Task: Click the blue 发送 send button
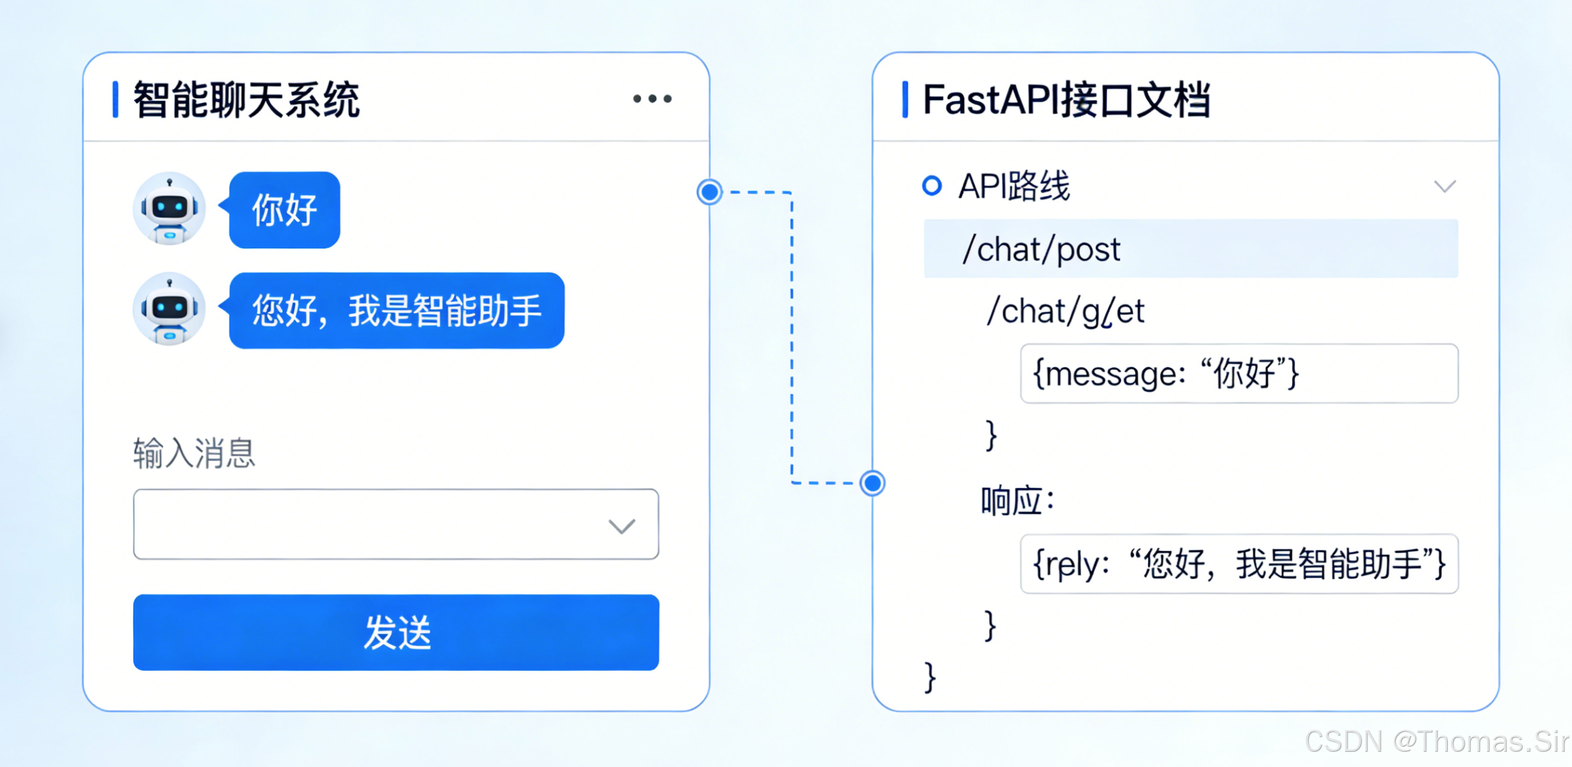tap(396, 632)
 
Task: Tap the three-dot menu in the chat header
tap(652, 99)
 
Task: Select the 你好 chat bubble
tap(285, 210)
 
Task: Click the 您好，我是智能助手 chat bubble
tap(396, 311)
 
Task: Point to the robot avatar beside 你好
tap(169, 209)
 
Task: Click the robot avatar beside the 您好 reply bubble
tap(169, 309)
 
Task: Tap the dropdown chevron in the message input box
tap(621, 526)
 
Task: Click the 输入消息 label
tap(194, 453)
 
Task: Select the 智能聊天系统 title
tap(247, 100)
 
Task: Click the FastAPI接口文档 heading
tap(1066, 100)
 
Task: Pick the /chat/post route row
tap(1190, 249)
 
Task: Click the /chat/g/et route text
tap(1065, 311)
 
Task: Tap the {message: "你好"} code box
tap(1239, 373)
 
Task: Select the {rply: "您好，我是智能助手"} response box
tap(1239, 564)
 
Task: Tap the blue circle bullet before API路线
tap(932, 186)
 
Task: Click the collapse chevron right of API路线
tap(1445, 186)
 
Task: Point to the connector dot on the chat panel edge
tap(709, 191)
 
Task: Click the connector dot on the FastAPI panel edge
tap(873, 483)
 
